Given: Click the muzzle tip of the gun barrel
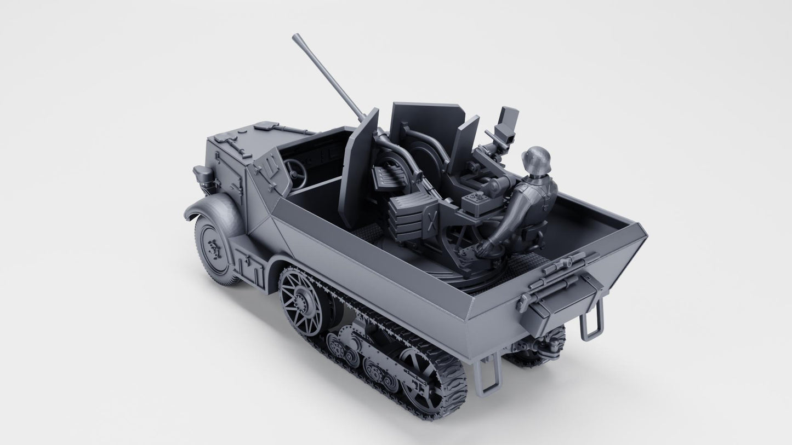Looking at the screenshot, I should [x=296, y=38].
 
